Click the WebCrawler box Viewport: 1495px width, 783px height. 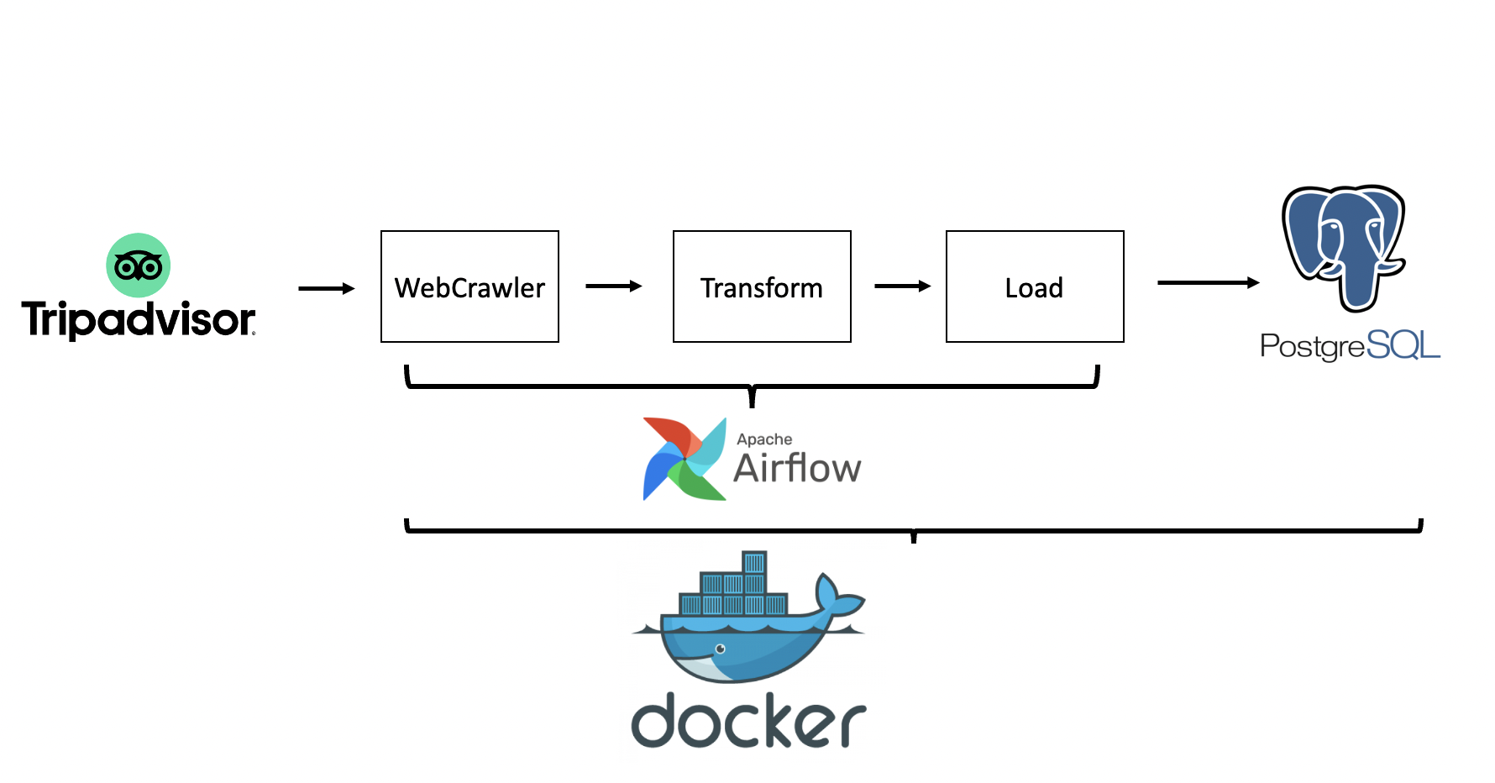pyautogui.click(x=469, y=286)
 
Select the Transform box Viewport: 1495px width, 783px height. pyautogui.click(x=762, y=286)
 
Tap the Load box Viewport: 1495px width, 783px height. pyautogui.click(x=1035, y=286)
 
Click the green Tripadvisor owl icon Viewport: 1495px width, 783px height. pyautogui.click(x=139, y=265)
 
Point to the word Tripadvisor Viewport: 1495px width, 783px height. pyautogui.click(x=138, y=320)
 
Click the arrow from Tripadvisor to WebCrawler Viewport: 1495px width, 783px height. pyautogui.click(x=327, y=289)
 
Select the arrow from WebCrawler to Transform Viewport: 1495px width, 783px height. pyautogui.click(x=614, y=286)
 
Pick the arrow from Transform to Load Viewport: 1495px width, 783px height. pyautogui.click(x=903, y=286)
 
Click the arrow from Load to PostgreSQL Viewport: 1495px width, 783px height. pyautogui.click(x=1209, y=283)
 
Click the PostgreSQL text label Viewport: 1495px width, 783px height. pyautogui.click(x=1350, y=345)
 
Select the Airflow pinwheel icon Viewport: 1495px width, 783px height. pyautogui.click(x=684, y=459)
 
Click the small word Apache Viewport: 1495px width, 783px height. pyautogui.click(x=764, y=439)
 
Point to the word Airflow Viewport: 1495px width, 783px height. pyautogui.click(x=797, y=469)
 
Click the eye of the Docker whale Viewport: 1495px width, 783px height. pyautogui.click(x=720, y=649)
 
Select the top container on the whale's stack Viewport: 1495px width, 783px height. pyautogui.click(x=754, y=562)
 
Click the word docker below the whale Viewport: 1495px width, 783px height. pyautogui.click(x=747, y=722)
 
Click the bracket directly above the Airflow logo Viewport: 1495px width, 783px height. pyautogui.click(x=752, y=386)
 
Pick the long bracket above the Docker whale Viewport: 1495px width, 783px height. pyautogui.click(x=914, y=530)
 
